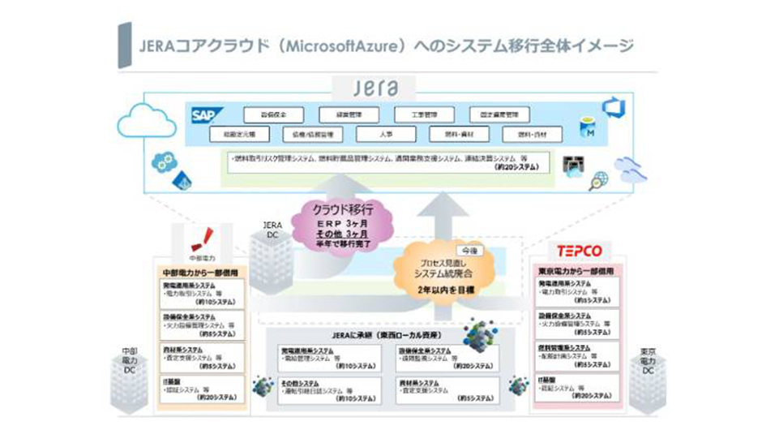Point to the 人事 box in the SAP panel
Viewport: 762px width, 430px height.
tap(386, 135)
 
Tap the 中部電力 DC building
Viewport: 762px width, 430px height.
tap(130, 382)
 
